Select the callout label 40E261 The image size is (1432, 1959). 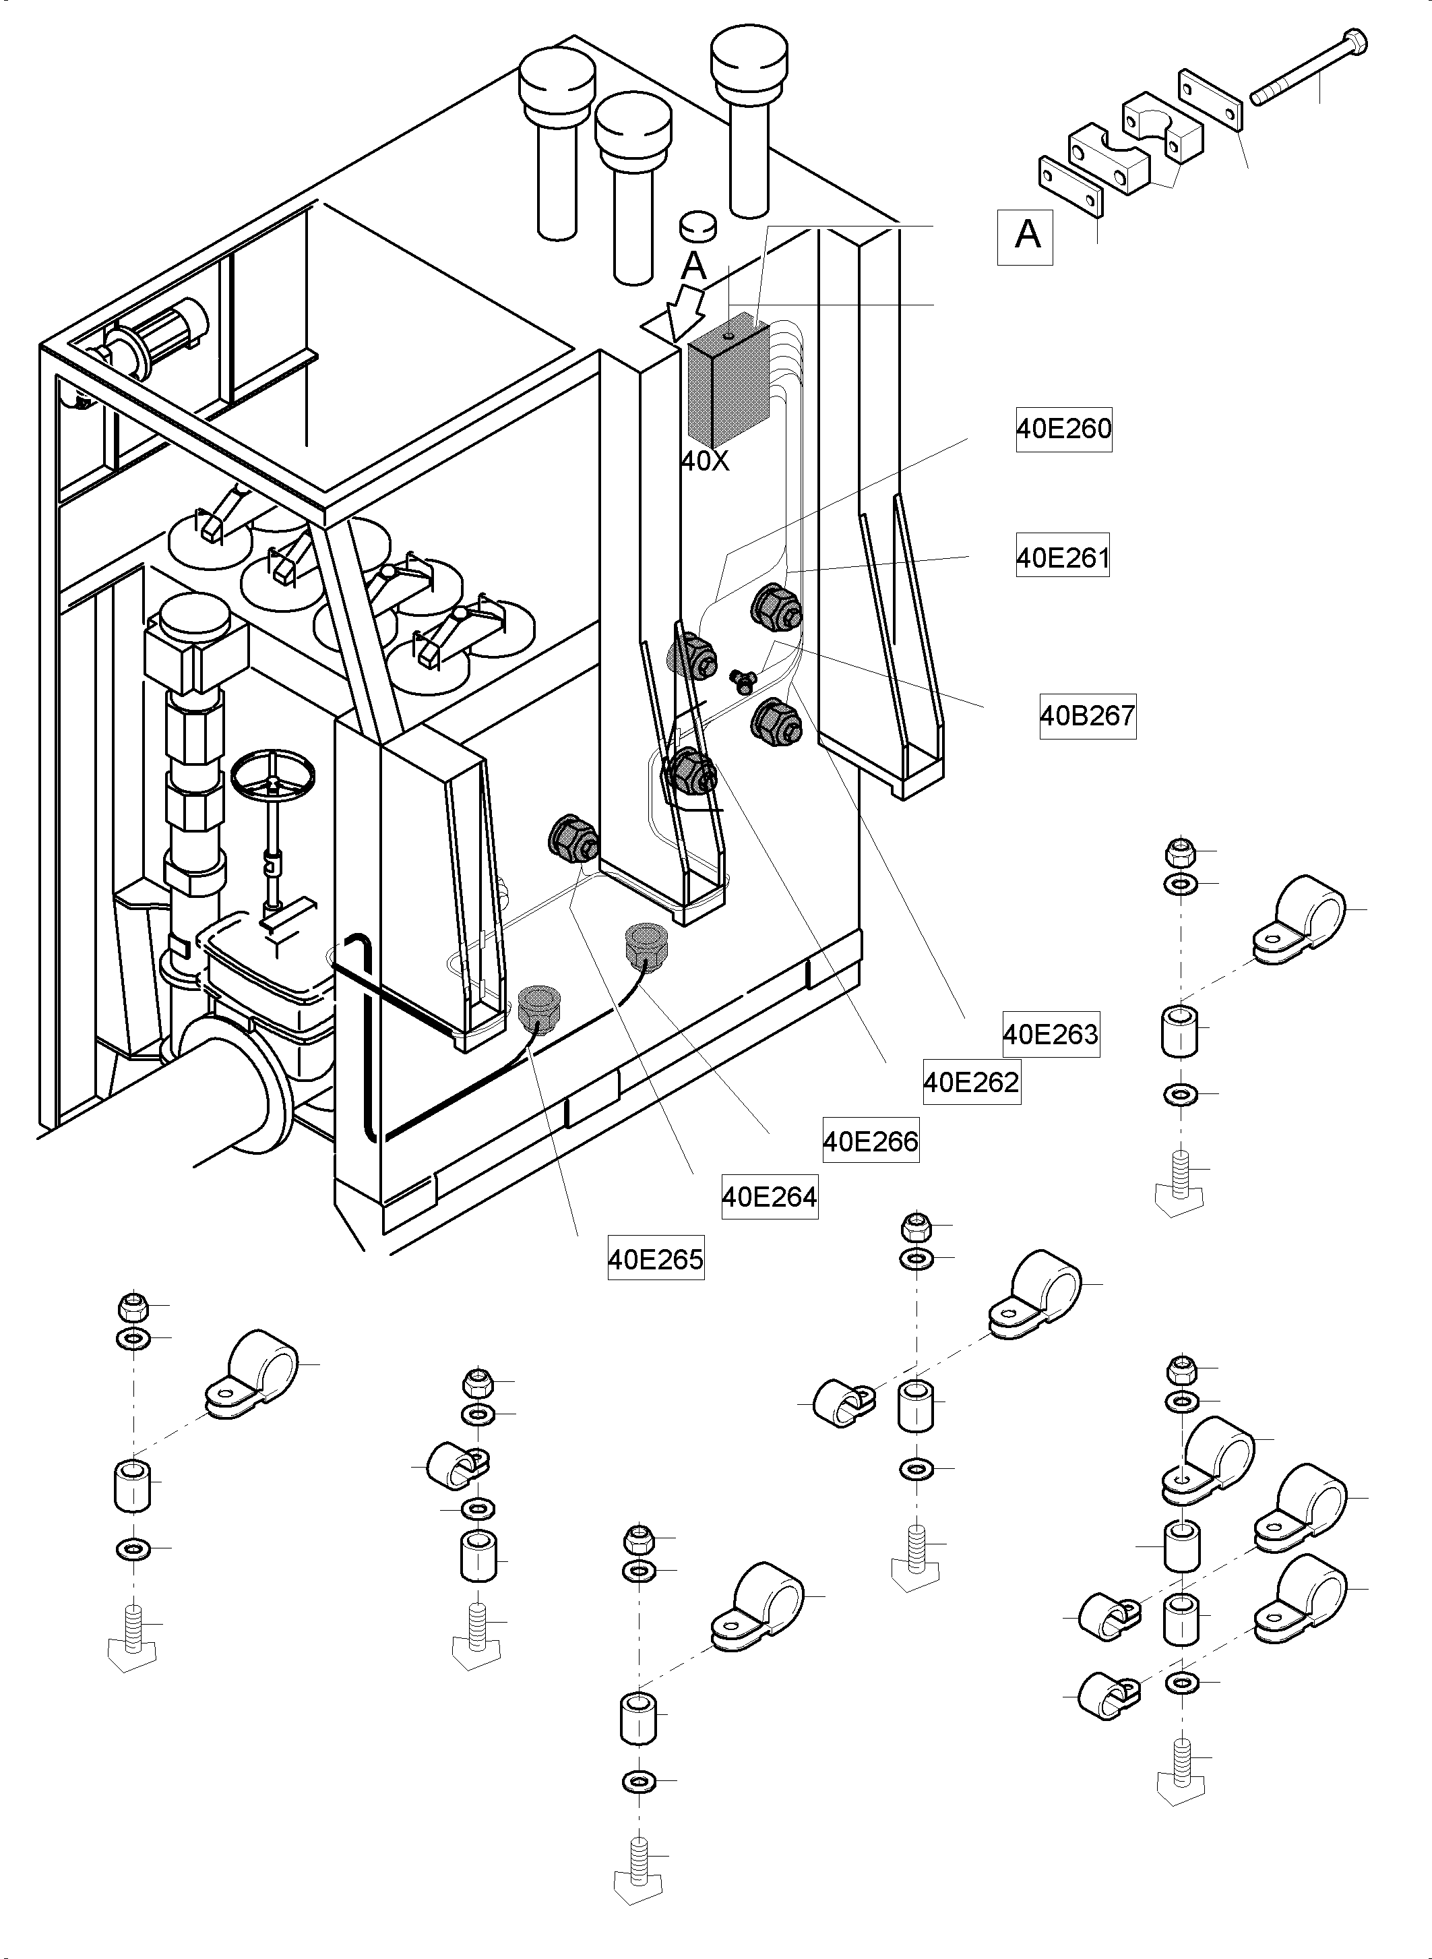[1063, 557]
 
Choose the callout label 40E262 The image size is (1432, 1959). [972, 1082]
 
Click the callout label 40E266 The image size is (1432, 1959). [870, 1141]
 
